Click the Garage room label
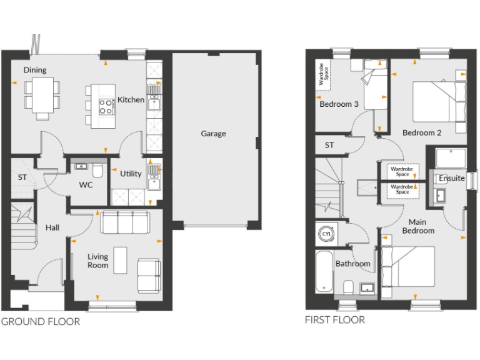pos(213,133)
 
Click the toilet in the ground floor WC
pos(97,171)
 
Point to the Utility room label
pos(131,174)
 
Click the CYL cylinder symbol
pos(326,234)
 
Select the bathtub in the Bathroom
pos(324,271)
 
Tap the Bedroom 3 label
pos(339,104)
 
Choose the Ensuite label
pos(451,178)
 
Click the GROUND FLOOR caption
pos(41,322)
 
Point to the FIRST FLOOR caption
pos(334,320)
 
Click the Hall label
pos(52,228)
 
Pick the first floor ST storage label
pos(329,146)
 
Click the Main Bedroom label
pos(417,226)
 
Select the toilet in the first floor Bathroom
pos(347,287)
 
